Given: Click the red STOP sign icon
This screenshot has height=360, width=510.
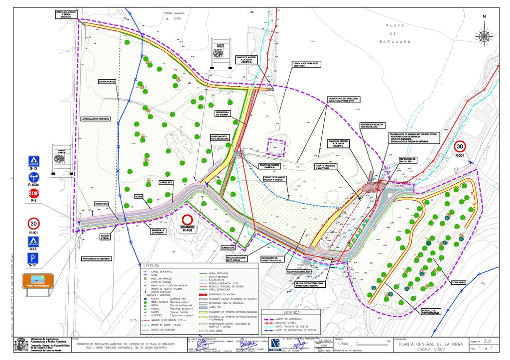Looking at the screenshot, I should coord(34,193).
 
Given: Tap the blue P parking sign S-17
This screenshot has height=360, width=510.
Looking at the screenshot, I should coord(34,258).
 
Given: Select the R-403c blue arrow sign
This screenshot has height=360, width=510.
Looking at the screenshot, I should coord(34,177).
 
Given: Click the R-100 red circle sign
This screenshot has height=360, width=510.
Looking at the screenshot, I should coord(187,220).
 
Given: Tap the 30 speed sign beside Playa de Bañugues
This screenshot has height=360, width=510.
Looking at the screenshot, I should coord(460,147).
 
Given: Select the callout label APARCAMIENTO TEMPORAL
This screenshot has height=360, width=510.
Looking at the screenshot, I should coord(96,119).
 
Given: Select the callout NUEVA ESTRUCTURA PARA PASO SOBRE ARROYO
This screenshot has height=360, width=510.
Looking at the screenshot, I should coord(306,284).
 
